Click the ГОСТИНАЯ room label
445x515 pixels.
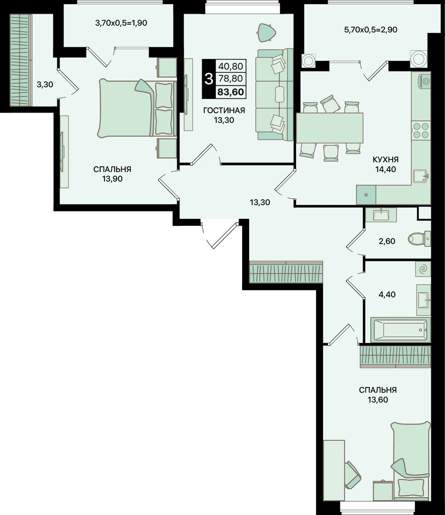click(x=224, y=111)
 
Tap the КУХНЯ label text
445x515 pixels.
click(x=386, y=160)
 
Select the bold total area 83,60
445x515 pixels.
click(x=231, y=92)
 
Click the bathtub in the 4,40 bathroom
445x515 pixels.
click(x=400, y=329)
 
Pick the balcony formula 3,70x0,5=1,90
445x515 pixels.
click(x=121, y=23)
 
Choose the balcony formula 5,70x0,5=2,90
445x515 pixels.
click(x=371, y=30)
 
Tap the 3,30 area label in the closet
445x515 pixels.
click(x=44, y=85)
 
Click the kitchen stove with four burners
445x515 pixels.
click(x=421, y=130)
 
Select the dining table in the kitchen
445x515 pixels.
click(x=330, y=128)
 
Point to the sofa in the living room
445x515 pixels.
click(x=274, y=95)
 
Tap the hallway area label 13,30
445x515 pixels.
click(x=260, y=202)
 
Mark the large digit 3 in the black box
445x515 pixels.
click(x=209, y=79)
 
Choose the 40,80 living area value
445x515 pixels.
click(x=231, y=67)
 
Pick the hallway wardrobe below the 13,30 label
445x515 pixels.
click(x=286, y=272)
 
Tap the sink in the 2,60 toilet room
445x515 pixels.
click(x=381, y=215)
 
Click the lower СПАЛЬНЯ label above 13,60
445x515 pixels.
click(x=378, y=390)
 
